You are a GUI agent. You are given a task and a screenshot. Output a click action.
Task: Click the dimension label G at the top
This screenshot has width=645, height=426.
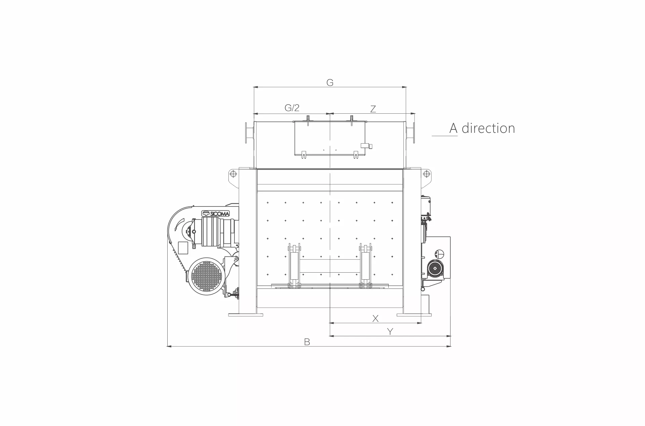pyautogui.click(x=330, y=82)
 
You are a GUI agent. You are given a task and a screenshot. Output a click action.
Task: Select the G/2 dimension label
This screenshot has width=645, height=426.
pyautogui.click(x=292, y=108)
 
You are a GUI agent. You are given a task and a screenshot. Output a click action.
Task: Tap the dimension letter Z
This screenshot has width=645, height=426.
pyautogui.click(x=373, y=109)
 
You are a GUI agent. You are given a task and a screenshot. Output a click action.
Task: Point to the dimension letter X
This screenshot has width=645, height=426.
pyautogui.click(x=376, y=318)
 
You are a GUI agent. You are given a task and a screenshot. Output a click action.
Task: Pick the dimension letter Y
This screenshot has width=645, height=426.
pyautogui.click(x=390, y=332)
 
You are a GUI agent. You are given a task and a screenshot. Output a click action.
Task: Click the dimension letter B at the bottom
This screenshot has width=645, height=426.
pyautogui.click(x=307, y=342)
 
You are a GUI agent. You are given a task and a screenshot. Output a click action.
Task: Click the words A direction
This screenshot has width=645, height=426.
pyautogui.click(x=482, y=128)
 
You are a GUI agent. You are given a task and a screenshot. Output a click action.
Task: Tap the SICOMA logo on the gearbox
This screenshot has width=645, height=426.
pyautogui.click(x=215, y=214)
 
